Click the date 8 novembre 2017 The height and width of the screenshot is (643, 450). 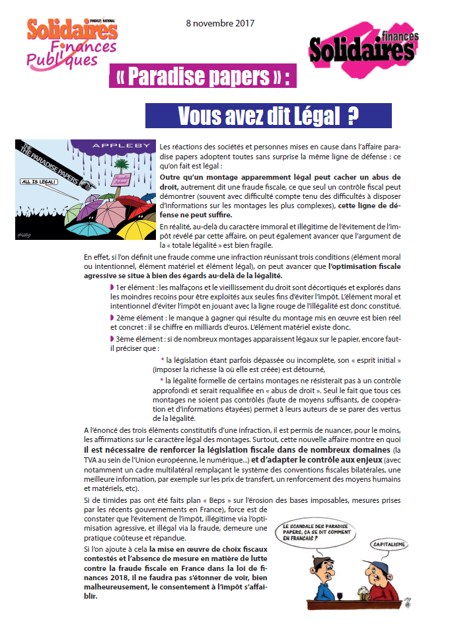click(x=221, y=24)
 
